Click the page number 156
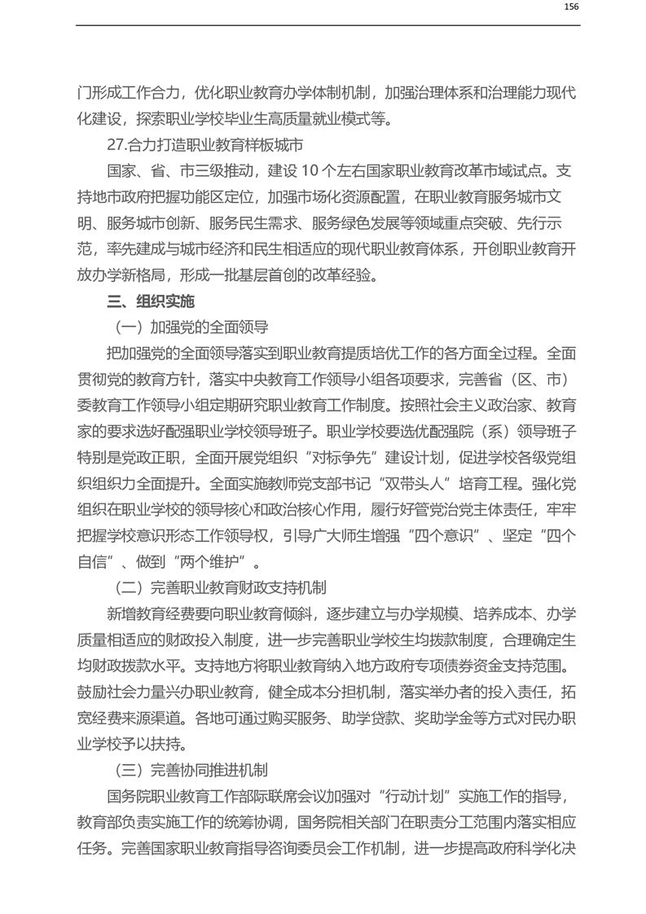coord(570,7)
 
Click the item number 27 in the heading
coord(115,147)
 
